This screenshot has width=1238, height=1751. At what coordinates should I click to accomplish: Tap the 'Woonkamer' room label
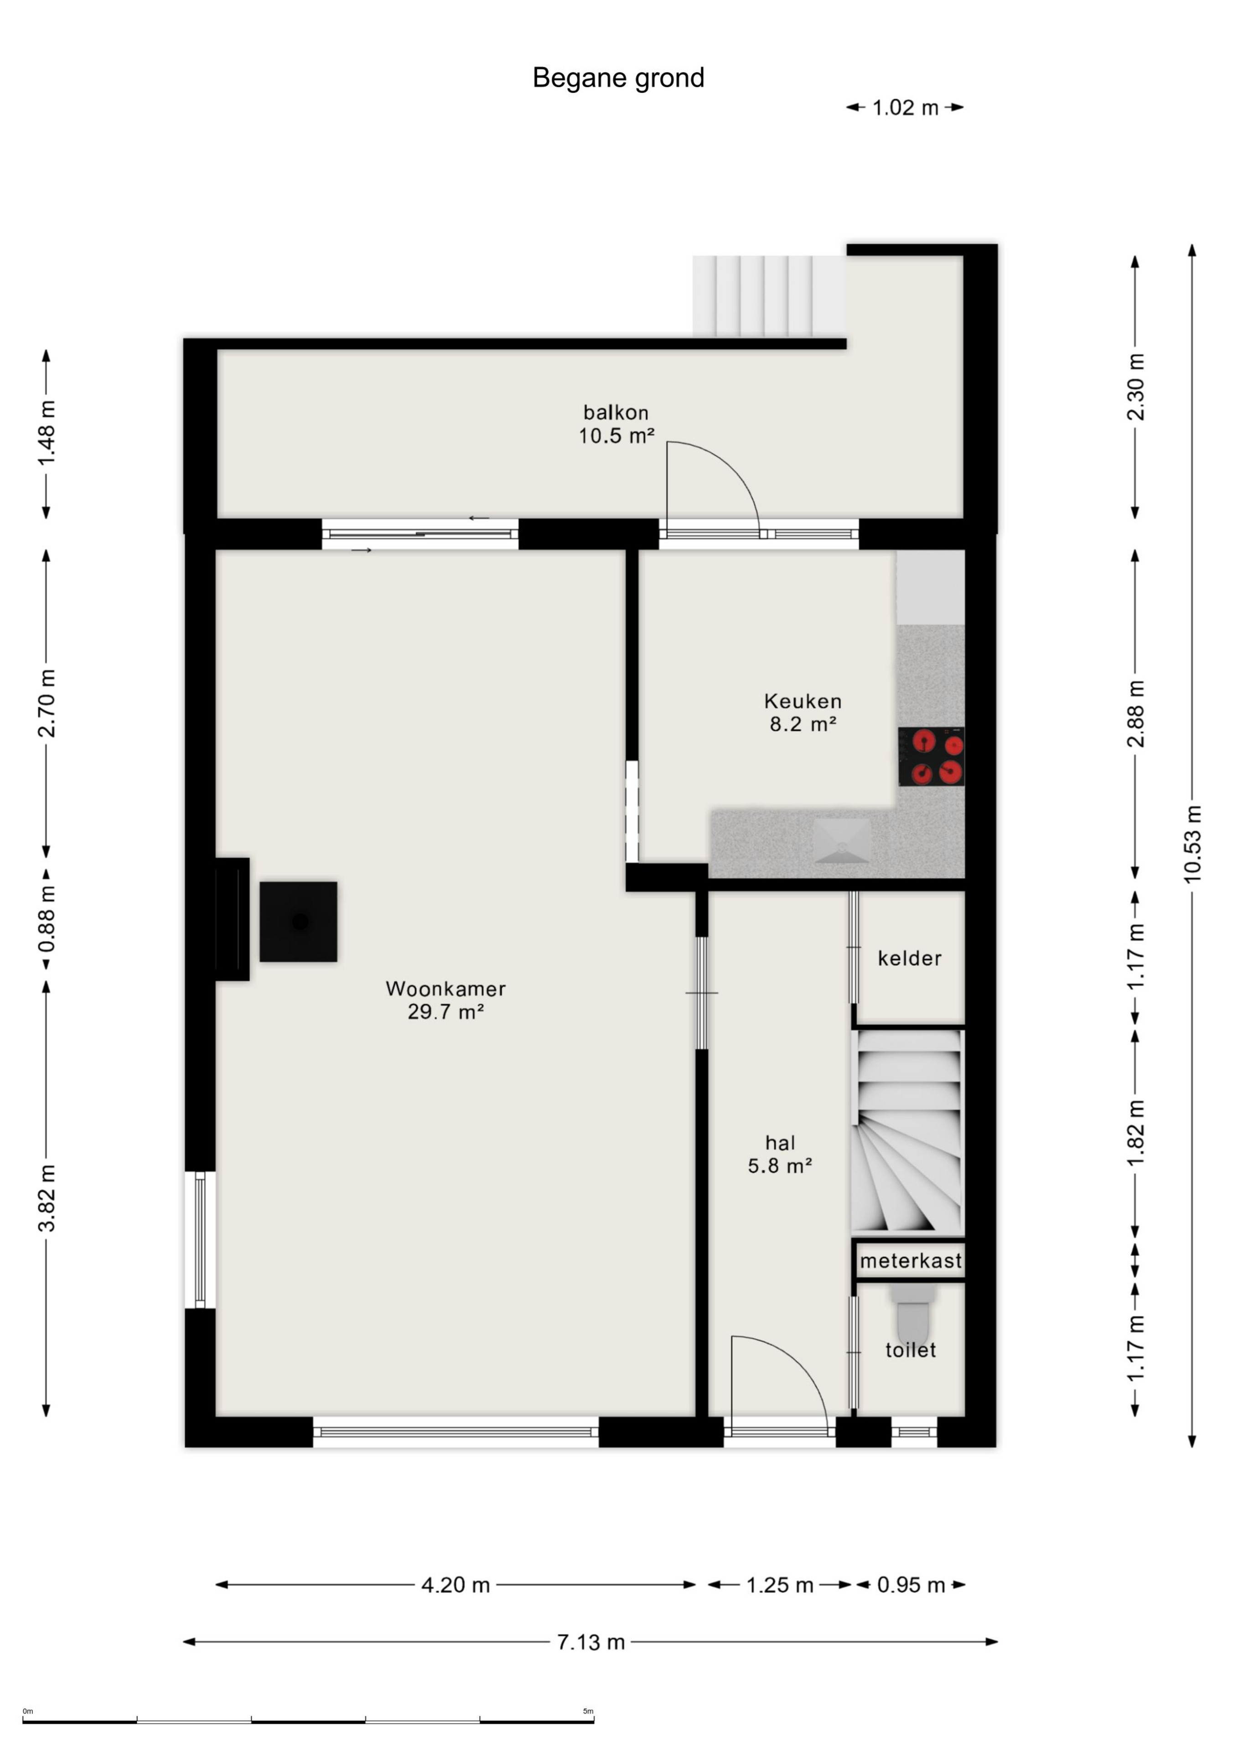(x=445, y=989)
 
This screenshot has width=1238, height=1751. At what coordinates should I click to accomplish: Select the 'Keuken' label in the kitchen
(x=803, y=701)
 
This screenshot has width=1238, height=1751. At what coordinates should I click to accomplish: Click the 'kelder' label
(x=909, y=958)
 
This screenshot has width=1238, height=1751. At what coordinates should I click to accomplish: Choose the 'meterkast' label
(x=911, y=1261)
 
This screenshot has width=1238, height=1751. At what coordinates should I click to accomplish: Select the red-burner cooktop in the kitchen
(x=932, y=756)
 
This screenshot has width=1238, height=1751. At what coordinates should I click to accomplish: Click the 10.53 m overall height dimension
(x=1192, y=844)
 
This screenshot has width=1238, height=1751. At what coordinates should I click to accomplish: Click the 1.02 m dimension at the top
(x=905, y=108)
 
